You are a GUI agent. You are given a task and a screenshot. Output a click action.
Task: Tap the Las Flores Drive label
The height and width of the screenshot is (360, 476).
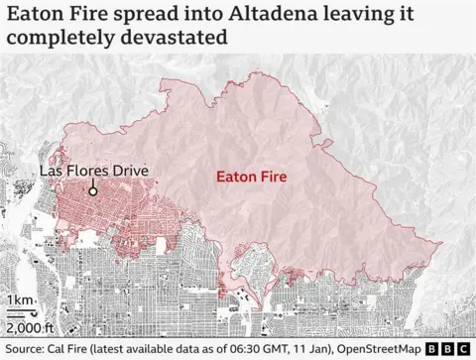pos(93,171)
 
